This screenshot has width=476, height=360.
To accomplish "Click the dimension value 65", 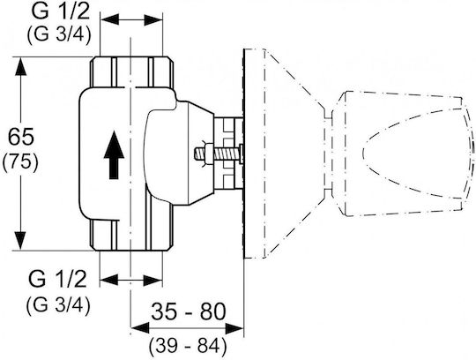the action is point(21,137).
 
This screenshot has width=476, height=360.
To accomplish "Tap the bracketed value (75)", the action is point(20,162).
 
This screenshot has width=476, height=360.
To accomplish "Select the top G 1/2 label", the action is point(61,11).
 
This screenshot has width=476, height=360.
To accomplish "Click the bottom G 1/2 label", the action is point(57,279).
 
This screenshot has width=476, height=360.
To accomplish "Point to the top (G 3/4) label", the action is point(59,35).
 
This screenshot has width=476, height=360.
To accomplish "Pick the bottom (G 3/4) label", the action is point(58,305).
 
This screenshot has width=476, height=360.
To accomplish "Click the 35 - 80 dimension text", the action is point(189,311).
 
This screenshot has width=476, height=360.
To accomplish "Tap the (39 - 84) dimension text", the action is point(189,347).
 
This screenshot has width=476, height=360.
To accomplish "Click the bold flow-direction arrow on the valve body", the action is point(114,155).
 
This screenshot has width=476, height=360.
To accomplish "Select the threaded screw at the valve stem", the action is point(218,154).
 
